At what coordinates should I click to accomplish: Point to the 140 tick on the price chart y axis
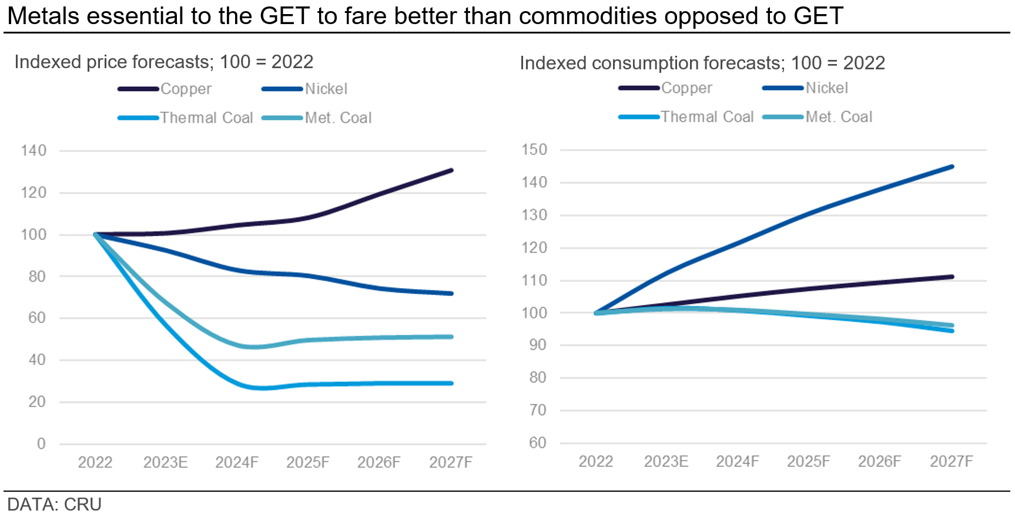(34, 151)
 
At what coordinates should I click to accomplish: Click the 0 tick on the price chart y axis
(41, 444)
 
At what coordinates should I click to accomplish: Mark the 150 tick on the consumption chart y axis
(534, 150)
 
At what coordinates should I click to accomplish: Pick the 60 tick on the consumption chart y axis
(538, 442)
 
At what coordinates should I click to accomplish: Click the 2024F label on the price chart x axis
(237, 462)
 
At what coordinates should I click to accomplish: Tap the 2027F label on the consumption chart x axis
(951, 461)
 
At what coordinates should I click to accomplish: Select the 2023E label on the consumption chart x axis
(666, 461)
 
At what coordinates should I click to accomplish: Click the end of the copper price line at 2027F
(451, 170)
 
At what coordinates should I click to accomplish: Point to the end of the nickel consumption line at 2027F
(952, 167)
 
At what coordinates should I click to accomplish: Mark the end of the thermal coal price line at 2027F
(451, 383)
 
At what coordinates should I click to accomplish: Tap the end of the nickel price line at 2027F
(451, 293)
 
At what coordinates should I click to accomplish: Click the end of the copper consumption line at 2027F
(952, 277)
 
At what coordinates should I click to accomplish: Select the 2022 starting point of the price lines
(96, 234)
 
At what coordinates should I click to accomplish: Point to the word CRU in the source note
(83, 505)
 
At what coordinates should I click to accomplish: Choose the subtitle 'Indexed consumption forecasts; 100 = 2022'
(702, 63)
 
